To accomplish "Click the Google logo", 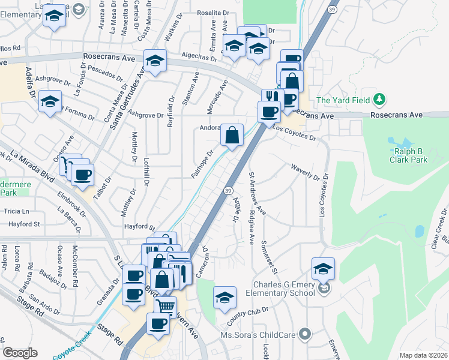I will click(x=20, y=353).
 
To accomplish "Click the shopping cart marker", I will click(x=165, y=307).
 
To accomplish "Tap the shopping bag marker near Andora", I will click(x=232, y=135).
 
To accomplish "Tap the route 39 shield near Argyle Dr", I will click(x=228, y=190).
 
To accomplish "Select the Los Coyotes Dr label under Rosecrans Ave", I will click(x=294, y=133).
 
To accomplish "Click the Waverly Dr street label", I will click(x=305, y=173).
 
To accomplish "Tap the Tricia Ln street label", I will click(x=17, y=212).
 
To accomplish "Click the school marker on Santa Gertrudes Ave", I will click(x=155, y=61).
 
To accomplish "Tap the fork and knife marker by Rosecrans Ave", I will click(x=273, y=98).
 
